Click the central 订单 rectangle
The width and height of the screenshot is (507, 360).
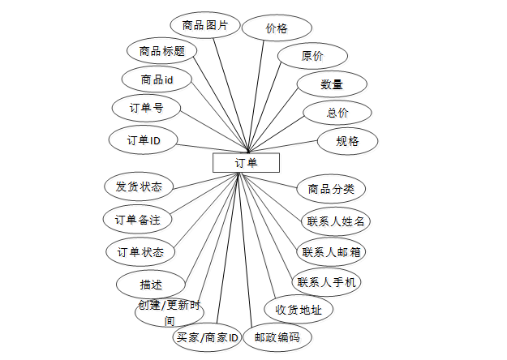pyautogui.click(x=246, y=163)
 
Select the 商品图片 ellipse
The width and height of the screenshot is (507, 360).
pyautogui.click(x=204, y=25)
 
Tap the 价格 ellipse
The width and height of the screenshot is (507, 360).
pyautogui.click(x=276, y=28)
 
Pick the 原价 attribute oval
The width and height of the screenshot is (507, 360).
pyautogui.click(x=312, y=56)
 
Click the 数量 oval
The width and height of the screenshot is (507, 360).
pyautogui.click(x=330, y=84)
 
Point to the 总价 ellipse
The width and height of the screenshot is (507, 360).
pyautogui.click(x=337, y=113)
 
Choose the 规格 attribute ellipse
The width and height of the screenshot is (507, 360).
pyautogui.click(x=347, y=140)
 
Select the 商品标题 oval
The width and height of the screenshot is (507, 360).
pyautogui.click(x=162, y=51)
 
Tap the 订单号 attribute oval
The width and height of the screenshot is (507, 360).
pyautogui.click(x=146, y=108)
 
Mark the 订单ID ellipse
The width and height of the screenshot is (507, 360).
pyautogui.click(x=144, y=139)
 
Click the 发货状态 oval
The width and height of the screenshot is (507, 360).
pyautogui.click(x=139, y=186)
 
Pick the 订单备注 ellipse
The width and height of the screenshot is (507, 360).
pyautogui.click(x=137, y=219)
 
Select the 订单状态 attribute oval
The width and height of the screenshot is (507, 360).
pyautogui.click(x=140, y=251)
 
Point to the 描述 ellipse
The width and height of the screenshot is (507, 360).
pyautogui.click(x=151, y=284)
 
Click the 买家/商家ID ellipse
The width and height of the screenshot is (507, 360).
pyautogui.click(x=207, y=336)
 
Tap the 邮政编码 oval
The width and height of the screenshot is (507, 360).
pyautogui.click(x=277, y=336)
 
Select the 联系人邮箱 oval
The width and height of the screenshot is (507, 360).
pyautogui.click(x=332, y=251)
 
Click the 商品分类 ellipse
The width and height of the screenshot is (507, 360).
pyautogui.click(x=331, y=189)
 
